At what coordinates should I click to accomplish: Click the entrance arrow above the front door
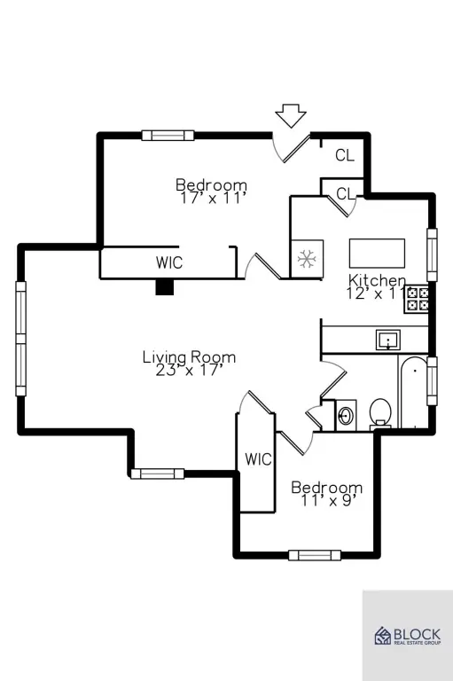click(x=291, y=115)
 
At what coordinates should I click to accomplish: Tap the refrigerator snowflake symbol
click(x=307, y=259)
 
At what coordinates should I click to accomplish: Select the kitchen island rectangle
click(x=377, y=254)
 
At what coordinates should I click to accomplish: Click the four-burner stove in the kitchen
click(x=417, y=299)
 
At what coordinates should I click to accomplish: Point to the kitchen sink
click(x=388, y=340)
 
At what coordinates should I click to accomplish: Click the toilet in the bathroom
click(x=380, y=412)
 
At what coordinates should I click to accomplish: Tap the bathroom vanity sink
click(x=346, y=416)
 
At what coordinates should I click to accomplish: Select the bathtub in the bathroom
click(x=414, y=392)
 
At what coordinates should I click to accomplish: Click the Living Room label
click(x=190, y=357)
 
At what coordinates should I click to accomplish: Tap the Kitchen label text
click(x=377, y=279)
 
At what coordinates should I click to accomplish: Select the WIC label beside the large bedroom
click(x=169, y=262)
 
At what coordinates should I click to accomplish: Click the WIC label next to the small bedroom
click(x=258, y=459)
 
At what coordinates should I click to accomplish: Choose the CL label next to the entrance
click(x=345, y=155)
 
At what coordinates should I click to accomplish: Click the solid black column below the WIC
click(x=165, y=286)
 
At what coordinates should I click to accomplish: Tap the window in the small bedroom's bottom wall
click(x=315, y=554)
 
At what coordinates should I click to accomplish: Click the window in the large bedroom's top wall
click(x=168, y=135)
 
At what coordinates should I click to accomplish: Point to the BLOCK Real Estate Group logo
click(x=408, y=636)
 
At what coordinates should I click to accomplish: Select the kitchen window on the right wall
click(x=432, y=255)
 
